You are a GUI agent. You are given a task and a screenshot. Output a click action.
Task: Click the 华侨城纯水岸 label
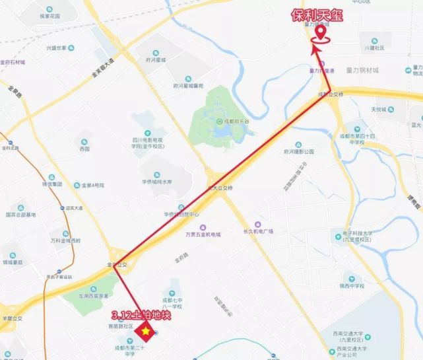(x=155, y=182)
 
